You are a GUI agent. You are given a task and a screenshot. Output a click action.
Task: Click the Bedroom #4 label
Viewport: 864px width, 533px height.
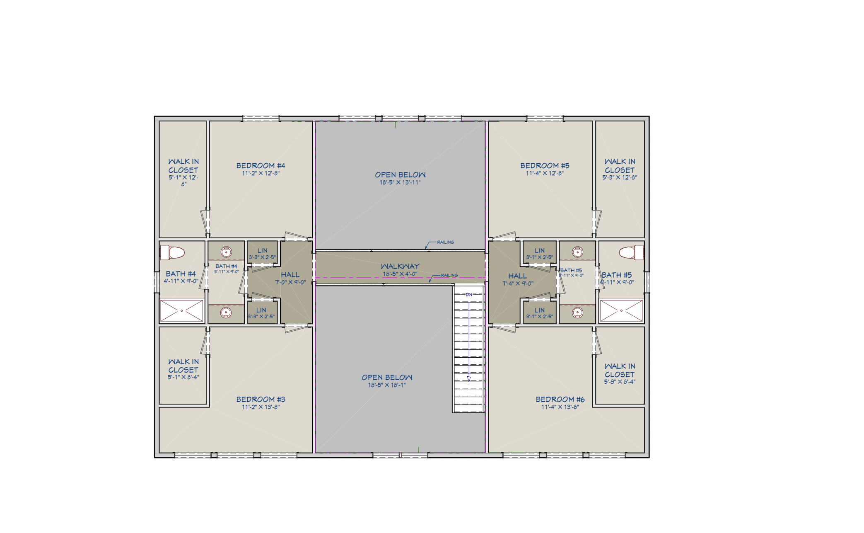pos(261,166)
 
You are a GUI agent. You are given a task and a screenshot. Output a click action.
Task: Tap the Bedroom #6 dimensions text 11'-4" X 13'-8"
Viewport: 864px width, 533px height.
pos(560,407)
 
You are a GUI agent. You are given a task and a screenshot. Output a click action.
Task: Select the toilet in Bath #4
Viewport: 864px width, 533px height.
pos(172,252)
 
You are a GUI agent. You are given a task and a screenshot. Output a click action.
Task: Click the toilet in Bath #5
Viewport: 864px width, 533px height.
pos(631,252)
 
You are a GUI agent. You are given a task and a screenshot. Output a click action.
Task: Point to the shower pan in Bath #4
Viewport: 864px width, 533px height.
pos(181,310)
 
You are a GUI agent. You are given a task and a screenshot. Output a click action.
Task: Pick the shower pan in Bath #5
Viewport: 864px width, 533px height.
pos(621,310)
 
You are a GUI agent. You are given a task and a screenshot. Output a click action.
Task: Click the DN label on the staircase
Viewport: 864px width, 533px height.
pos(469,295)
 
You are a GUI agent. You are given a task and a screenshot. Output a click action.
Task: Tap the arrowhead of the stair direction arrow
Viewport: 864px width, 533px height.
pos(469,379)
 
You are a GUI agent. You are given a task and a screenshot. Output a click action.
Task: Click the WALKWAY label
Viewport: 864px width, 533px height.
pos(400,266)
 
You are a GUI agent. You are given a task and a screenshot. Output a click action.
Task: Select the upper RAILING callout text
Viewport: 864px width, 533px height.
pos(445,242)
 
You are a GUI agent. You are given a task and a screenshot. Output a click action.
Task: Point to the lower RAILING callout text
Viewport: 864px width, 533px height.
pos(449,275)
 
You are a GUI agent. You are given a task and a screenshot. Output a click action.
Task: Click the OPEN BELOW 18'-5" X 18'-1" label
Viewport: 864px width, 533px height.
pos(387,380)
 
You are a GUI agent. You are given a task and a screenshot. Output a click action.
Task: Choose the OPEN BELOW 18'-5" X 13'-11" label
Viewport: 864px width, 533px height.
pos(400,178)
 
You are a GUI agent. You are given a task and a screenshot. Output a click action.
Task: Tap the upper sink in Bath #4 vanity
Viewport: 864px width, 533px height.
pos(226,252)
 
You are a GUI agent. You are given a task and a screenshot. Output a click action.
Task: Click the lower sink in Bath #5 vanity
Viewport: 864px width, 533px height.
pos(578,312)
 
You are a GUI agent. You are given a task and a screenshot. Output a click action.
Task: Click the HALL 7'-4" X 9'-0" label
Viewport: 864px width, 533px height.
pos(518,279)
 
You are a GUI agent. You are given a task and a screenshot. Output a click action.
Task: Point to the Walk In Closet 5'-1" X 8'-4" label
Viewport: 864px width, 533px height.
pos(183,369)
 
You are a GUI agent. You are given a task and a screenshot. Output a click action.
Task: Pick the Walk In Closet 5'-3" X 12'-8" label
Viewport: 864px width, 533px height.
pos(620,169)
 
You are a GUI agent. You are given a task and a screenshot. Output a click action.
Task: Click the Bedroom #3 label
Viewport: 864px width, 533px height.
pos(261,400)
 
